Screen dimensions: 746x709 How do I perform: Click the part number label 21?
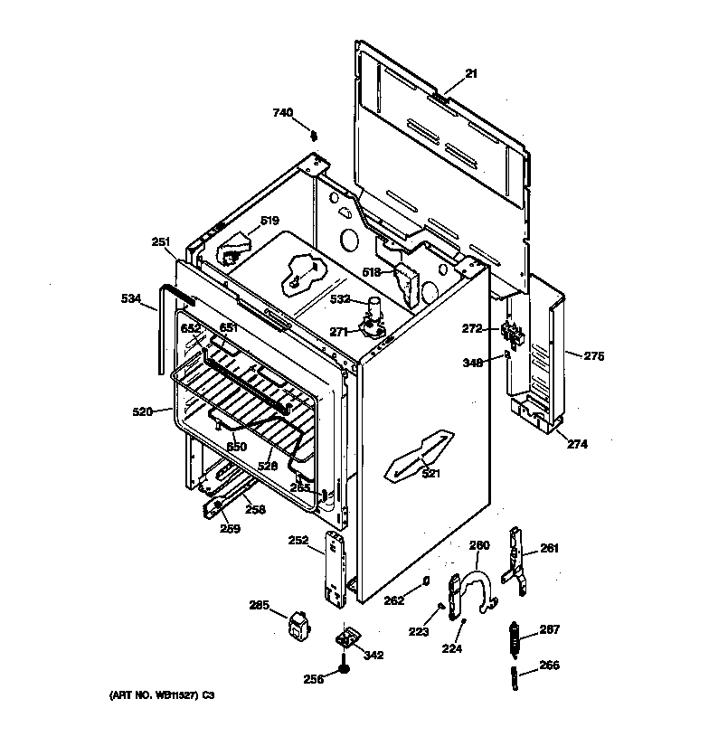coord(470,73)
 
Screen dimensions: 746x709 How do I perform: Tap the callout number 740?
coord(283,113)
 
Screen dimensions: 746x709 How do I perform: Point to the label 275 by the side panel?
coord(592,356)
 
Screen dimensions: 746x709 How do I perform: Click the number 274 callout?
coord(578,443)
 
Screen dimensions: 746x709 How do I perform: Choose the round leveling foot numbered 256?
coord(345,670)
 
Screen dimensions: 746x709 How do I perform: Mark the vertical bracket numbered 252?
coord(337,569)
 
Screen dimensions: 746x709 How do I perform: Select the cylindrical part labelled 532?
coord(373,309)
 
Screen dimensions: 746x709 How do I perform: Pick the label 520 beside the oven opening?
coord(142,411)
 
